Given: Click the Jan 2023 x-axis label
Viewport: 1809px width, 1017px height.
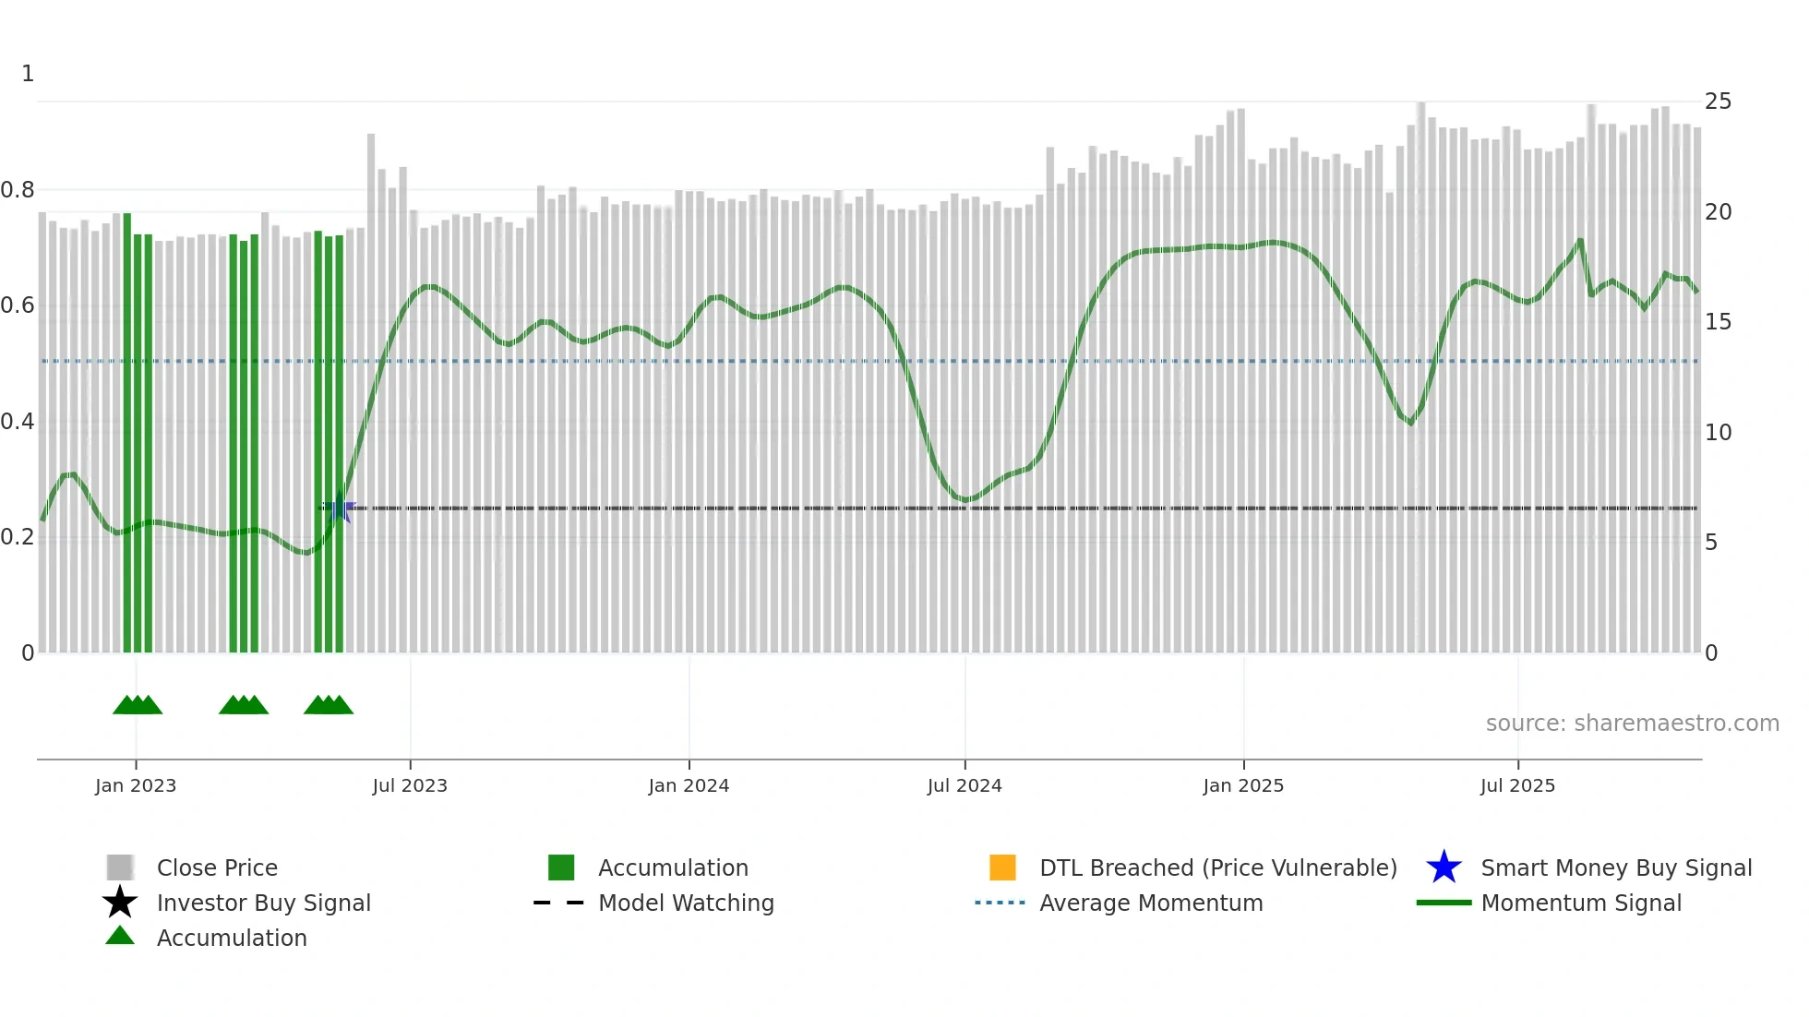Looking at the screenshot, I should point(136,785).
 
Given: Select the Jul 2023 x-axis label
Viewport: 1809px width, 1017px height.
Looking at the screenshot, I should point(410,785).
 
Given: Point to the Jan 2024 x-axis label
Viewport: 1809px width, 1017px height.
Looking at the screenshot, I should point(689,785).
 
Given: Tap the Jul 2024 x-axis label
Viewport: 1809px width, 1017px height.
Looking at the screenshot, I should point(964,785).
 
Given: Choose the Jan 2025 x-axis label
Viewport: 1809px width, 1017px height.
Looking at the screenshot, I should point(1243,785).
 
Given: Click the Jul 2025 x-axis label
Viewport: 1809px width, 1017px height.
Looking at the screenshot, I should point(1517,785).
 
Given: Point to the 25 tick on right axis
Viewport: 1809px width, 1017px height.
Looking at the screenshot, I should point(1718,102).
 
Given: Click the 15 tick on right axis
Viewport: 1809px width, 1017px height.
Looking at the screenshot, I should point(1718,322).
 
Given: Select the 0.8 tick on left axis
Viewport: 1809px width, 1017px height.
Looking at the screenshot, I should point(18,190).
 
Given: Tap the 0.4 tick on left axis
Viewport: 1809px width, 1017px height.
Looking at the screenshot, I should point(18,422).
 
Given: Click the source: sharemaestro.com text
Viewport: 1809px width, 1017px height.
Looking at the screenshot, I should point(1632,724).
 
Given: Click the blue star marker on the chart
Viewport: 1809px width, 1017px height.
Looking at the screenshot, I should point(339,508).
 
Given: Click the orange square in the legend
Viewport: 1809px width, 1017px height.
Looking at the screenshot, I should point(1002,867).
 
